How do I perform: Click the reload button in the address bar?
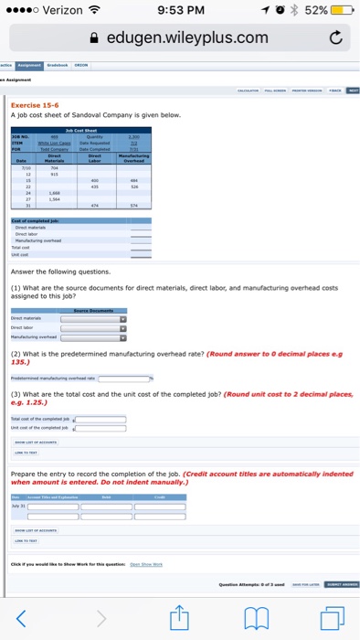(333, 37)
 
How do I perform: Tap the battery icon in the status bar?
(341, 12)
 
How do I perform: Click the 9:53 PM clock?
(181, 12)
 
